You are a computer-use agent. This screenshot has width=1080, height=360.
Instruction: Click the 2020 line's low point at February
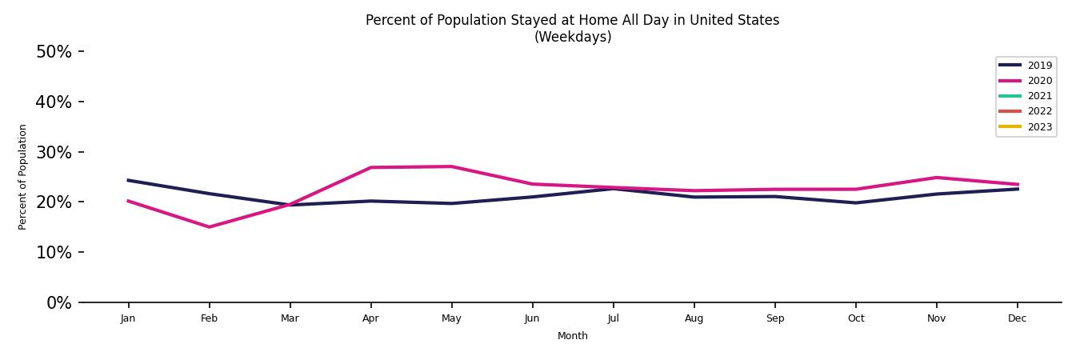coord(210,227)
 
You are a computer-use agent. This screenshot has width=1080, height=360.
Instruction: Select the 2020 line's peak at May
coord(451,166)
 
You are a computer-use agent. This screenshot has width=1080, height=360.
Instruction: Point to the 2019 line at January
coord(128,180)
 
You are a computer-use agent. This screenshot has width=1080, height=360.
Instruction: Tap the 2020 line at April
coord(370,167)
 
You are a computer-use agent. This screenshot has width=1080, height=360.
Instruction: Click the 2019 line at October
coord(855,202)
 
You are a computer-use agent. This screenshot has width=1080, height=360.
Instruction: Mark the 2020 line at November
coord(936,178)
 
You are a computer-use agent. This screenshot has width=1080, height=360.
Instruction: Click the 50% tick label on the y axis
coord(54,52)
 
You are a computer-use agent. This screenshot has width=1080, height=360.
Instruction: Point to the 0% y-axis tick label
coord(58,303)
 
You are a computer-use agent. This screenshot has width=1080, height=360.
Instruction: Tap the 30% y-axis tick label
coord(54,153)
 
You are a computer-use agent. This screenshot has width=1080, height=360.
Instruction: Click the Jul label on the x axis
coord(613,318)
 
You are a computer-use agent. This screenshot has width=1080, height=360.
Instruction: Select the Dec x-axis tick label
coord(1017,318)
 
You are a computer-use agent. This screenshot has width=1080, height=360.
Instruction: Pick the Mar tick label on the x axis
coord(290,318)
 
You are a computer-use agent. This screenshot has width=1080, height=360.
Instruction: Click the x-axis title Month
coord(573,336)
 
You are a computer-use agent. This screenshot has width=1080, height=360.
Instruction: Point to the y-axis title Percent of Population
coord(23,177)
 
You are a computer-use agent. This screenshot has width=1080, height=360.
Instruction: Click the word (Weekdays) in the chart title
coord(573,38)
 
